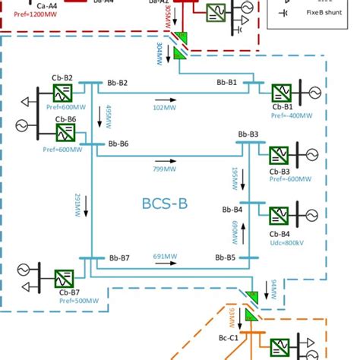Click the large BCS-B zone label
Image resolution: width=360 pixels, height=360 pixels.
point(164,204)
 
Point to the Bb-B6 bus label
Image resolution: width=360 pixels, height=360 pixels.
point(116,144)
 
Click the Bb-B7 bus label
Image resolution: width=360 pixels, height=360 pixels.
point(118,258)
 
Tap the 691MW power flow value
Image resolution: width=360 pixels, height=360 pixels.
point(165,256)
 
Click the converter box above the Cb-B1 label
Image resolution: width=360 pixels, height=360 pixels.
point(283,93)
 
